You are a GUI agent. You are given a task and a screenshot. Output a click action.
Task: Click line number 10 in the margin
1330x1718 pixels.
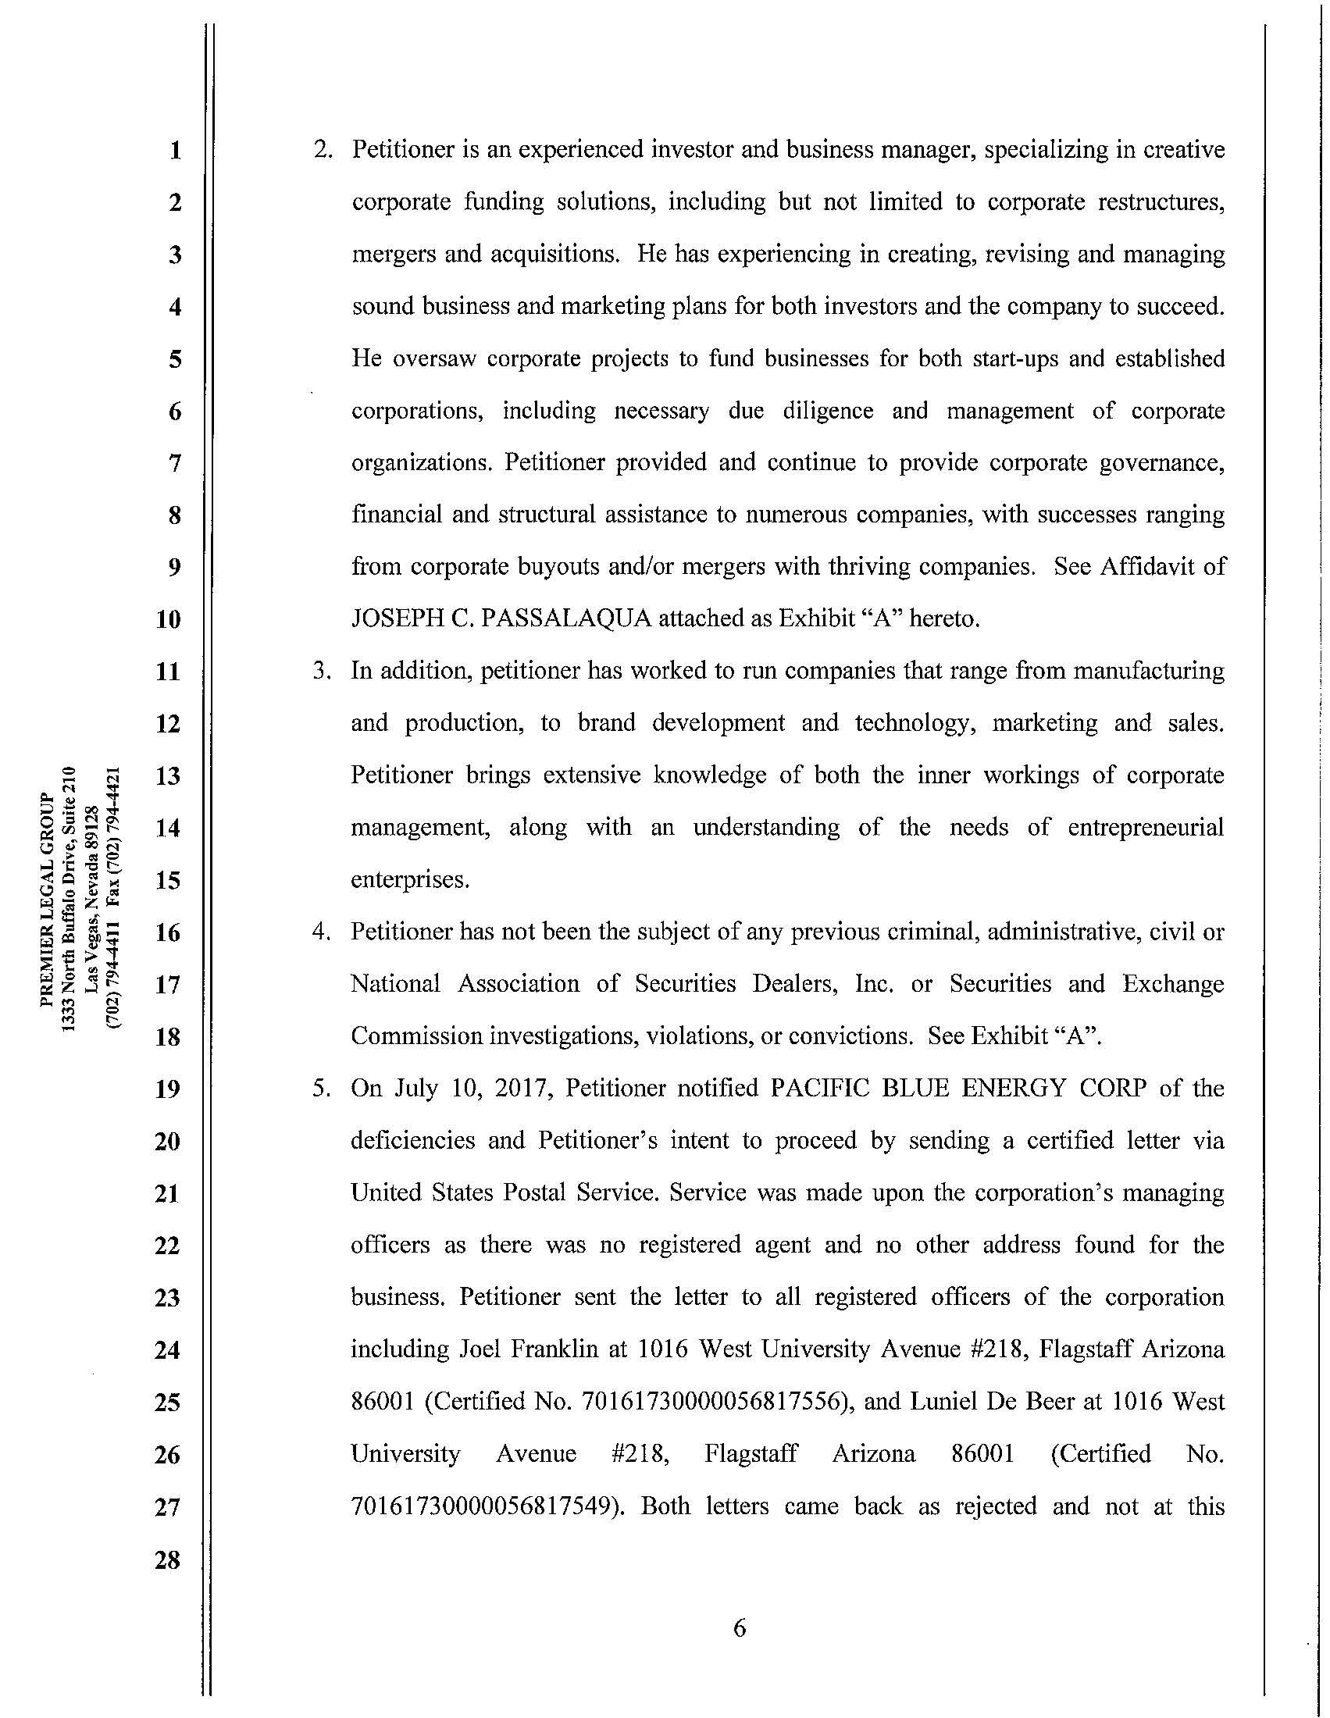pos(168,620)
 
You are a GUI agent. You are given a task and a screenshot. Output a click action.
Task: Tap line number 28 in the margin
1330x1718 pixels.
pos(168,1560)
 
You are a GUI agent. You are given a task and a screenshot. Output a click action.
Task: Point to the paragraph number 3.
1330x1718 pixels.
pos(319,671)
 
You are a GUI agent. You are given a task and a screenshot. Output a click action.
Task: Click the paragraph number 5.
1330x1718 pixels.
pos(319,1089)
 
